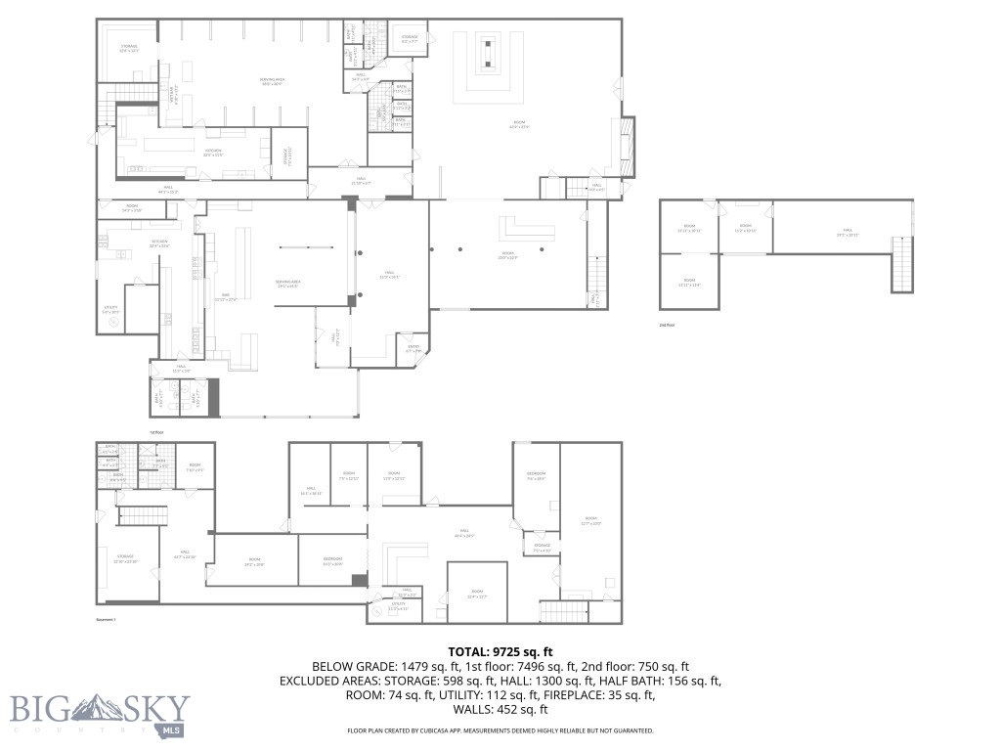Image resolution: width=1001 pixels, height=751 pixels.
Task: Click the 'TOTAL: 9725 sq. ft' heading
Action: click(500, 651)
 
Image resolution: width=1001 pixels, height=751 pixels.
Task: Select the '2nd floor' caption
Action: click(668, 325)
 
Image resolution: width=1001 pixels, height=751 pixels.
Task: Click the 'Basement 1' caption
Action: click(106, 620)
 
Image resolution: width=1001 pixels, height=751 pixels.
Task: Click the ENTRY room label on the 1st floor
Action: click(413, 348)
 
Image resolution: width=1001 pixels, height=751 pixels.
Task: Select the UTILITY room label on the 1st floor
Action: click(110, 309)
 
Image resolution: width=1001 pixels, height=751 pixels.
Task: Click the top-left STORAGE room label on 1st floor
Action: click(129, 48)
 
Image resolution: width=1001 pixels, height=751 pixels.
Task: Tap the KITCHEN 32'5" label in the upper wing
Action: click(213, 152)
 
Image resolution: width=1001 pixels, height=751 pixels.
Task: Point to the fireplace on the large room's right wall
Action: click(627, 141)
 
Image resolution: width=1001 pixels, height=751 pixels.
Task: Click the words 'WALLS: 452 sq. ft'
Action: click(500, 710)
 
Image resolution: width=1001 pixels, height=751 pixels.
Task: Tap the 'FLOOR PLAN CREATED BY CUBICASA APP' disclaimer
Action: click(500, 730)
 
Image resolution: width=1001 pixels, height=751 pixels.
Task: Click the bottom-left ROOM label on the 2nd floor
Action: click(690, 284)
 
